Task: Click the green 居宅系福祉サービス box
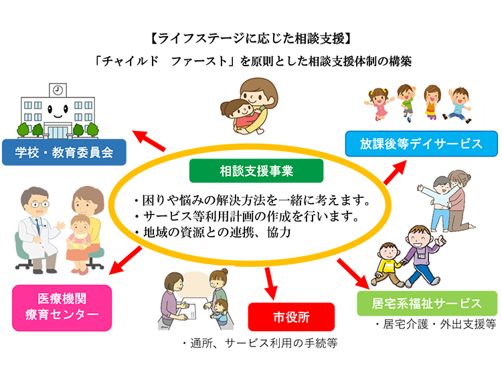pyautogui.click(x=426, y=303)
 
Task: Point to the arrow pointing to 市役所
pyautogui.click(x=270, y=283)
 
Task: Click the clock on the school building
pyautogui.click(x=58, y=89)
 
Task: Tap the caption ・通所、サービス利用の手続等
pyautogui.click(x=258, y=344)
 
